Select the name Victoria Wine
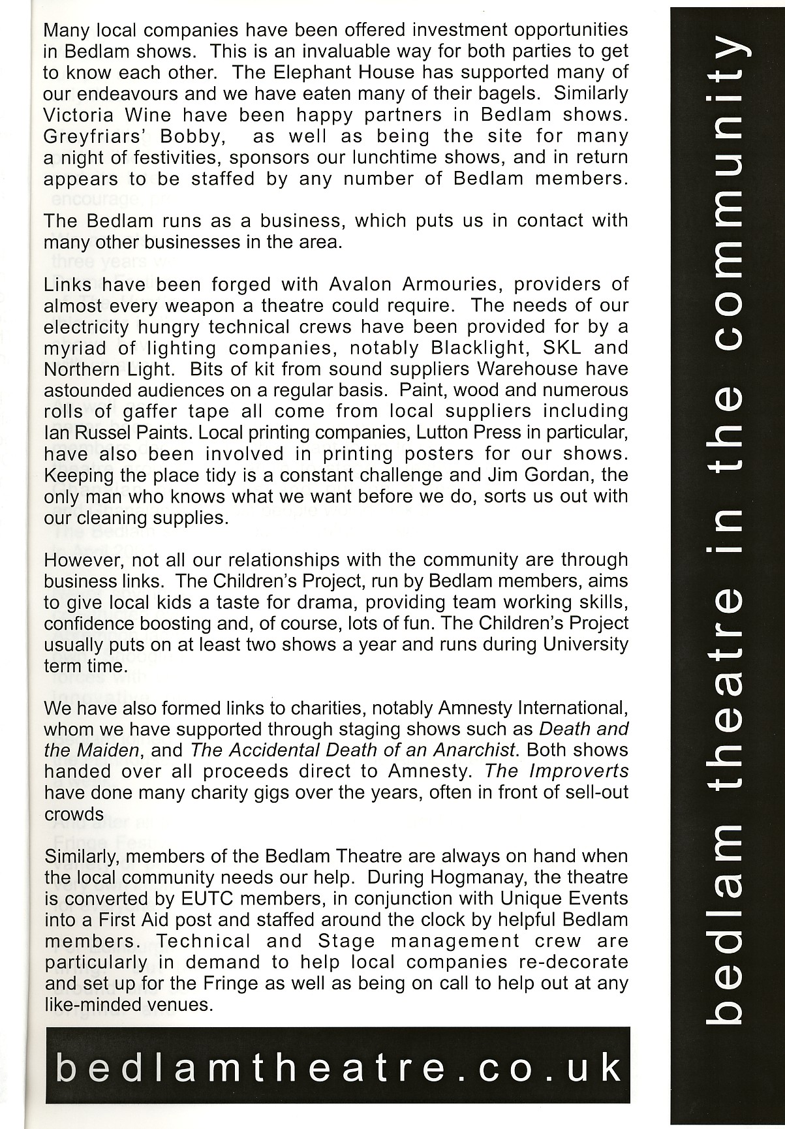coord(108,114)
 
